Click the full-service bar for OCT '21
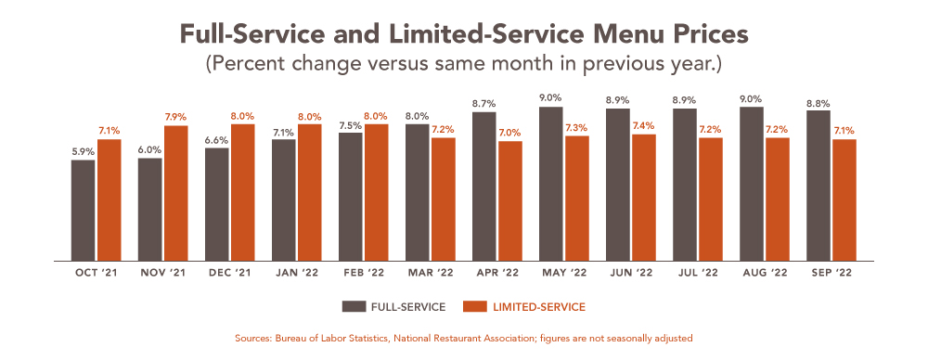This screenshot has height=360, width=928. [x=83, y=211]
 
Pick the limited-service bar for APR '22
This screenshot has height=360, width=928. [x=509, y=201]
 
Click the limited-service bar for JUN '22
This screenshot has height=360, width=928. [x=643, y=198]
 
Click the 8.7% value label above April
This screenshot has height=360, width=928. [x=483, y=104]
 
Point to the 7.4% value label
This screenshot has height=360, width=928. [x=643, y=125]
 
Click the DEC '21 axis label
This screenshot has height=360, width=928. [x=229, y=274]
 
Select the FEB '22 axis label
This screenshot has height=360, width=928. [x=363, y=274]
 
